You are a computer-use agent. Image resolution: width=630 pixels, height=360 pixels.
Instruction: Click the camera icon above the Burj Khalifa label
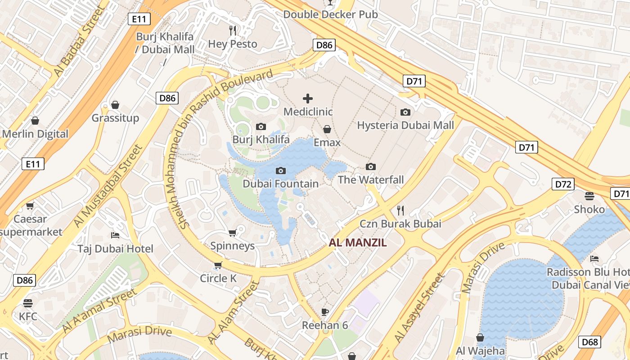pyautogui.click(x=261, y=127)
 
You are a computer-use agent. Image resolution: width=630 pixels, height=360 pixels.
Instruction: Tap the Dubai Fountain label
pyautogui.click(x=280, y=184)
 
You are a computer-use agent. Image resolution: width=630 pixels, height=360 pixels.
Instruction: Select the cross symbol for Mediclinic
pyautogui.click(x=308, y=99)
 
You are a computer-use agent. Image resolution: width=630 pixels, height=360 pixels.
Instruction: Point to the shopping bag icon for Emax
pyautogui.click(x=327, y=129)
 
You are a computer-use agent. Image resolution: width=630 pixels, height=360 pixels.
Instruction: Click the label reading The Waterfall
pyautogui.click(x=370, y=180)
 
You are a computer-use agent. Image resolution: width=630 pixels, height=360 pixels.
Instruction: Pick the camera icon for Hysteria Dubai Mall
pyautogui.click(x=405, y=112)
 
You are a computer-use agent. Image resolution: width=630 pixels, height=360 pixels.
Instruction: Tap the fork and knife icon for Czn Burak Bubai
pyautogui.click(x=400, y=210)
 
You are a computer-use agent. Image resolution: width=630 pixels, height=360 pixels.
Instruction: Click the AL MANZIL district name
pyautogui.click(x=358, y=243)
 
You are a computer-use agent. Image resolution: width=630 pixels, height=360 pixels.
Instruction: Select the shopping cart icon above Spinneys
pyautogui.click(x=233, y=233)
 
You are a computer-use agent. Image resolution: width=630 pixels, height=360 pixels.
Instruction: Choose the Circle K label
pyautogui.click(x=218, y=279)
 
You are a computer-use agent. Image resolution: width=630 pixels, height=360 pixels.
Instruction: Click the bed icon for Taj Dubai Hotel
pyautogui.click(x=115, y=235)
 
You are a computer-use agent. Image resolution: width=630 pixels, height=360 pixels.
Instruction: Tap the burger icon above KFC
pyautogui.click(x=28, y=303)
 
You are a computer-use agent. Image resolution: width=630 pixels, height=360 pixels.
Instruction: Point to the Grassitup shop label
pyautogui.click(x=115, y=118)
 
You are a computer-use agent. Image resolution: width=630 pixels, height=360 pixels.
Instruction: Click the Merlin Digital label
pyautogui.click(x=35, y=134)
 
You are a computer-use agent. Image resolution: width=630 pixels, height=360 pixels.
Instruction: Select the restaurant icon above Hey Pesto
pyautogui.click(x=233, y=30)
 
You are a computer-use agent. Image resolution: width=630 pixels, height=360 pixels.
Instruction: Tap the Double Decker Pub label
pyautogui.click(x=330, y=14)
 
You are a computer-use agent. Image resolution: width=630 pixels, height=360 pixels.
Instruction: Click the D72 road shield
pyautogui.click(x=562, y=184)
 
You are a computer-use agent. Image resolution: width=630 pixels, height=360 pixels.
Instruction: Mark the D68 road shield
pyautogui.click(x=589, y=342)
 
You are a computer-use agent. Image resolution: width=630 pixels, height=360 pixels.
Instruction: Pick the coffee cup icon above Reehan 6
pyautogui.click(x=324, y=312)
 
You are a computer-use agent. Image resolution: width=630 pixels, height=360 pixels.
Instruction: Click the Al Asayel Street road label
pyautogui.click(x=419, y=308)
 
